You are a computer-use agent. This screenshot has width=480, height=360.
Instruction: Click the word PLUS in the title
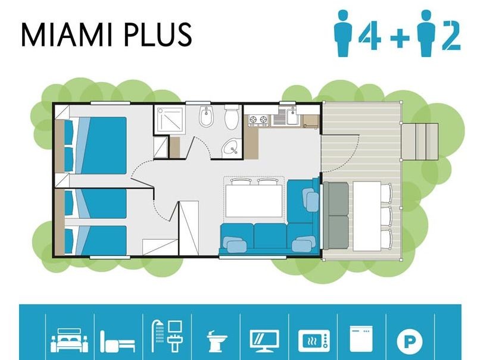pos(158,35)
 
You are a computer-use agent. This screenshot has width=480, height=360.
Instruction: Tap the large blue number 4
pos(370,35)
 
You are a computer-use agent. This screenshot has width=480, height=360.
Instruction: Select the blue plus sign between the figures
pos(400,37)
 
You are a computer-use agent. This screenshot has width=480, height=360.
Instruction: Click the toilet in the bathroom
pos(232,117)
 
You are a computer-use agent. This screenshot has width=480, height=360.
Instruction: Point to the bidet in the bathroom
pos(206,117)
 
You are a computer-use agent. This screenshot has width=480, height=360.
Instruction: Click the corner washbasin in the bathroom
pos(231,148)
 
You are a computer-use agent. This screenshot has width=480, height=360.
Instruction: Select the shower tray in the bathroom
pos(170,119)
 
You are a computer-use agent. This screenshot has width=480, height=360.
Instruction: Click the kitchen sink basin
pos(292,116)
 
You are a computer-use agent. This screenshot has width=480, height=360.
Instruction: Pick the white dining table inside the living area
pos(254,200)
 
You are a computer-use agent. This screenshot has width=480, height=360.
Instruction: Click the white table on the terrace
pos(367,216)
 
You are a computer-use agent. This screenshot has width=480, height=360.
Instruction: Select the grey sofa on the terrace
pos(336,215)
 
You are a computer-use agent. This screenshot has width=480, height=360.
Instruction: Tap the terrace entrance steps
pos(420,141)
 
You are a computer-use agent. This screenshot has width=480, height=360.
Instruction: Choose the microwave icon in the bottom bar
pos(314,341)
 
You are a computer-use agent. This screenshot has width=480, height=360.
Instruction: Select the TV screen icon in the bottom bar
pos(264,340)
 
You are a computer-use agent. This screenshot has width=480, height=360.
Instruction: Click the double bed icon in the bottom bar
pos(70,340)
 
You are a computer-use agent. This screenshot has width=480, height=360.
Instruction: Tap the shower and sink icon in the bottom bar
pos(167,336)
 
